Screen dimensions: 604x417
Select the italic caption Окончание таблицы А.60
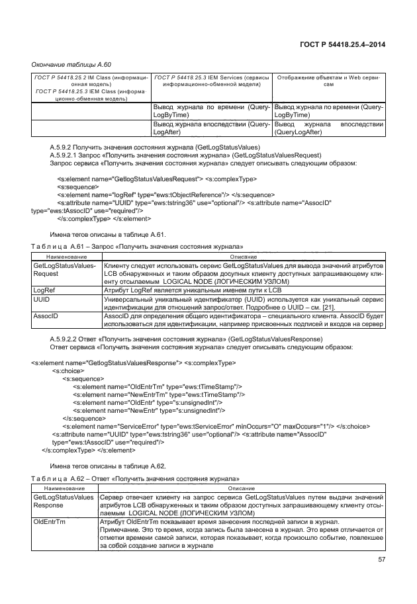coord(71,64)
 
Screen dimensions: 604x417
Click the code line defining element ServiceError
coord(199,426)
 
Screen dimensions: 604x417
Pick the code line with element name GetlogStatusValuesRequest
coord(158,179)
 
